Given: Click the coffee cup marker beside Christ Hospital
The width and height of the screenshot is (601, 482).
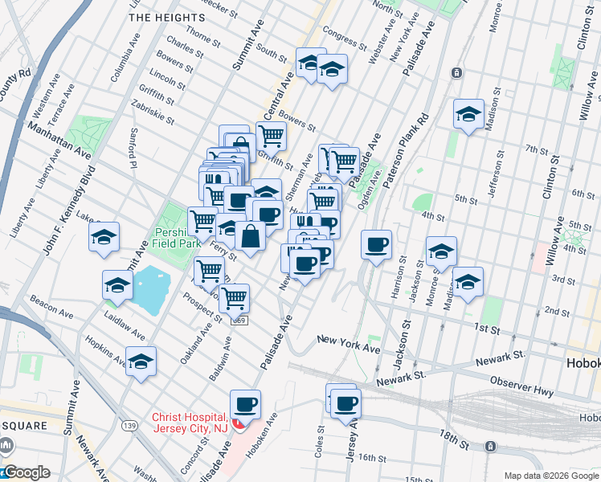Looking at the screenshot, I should (x=246, y=404).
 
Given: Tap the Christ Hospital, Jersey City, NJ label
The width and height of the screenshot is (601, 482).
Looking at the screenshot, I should (x=190, y=423).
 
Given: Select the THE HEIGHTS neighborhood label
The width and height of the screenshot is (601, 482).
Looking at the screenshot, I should (x=166, y=17).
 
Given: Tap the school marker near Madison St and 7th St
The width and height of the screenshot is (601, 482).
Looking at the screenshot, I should (x=468, y=114).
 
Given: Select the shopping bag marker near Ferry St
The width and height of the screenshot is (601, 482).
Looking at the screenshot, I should (x=251, y=237).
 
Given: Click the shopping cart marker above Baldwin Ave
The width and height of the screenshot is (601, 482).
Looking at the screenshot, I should (x=234, y=298).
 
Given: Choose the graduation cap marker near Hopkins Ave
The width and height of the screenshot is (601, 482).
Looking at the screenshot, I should (x=141, y=361).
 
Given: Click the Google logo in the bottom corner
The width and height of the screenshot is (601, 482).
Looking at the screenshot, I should (x=26, y=473).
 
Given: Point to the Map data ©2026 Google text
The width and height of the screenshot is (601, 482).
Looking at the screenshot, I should (x=550, y=476).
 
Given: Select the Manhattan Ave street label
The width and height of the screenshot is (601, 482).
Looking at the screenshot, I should (x=60, y=139).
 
